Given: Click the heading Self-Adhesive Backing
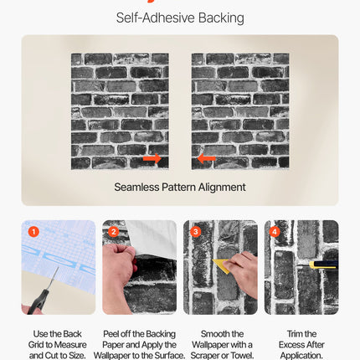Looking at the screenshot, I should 180,18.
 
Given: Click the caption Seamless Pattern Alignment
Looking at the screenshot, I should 180,187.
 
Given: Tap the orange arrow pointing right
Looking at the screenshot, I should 152,158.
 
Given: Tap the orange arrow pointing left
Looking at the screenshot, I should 207,158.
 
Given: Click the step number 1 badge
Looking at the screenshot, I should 33,232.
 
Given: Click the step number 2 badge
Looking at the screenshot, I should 114,232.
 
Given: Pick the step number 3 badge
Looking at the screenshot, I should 195,232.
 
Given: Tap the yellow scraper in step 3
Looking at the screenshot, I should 223,266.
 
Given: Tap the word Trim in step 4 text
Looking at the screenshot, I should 289,333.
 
